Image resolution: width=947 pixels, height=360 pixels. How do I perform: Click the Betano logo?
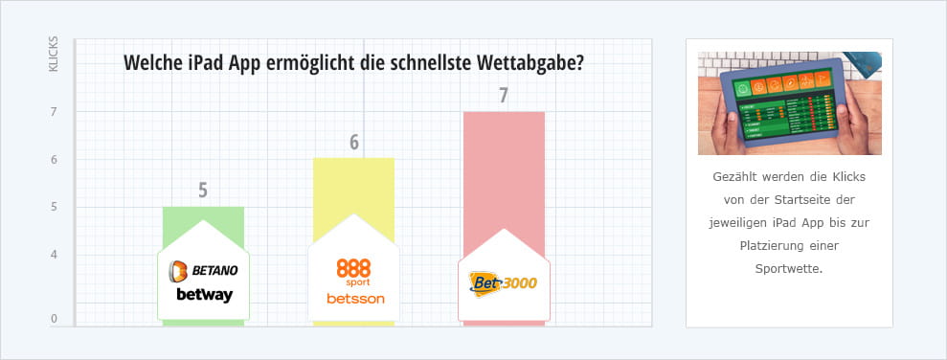(203, 271)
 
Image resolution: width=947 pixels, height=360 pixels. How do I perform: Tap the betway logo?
(204, 295)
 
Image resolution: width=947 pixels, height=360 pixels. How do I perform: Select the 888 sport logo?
(353, 270)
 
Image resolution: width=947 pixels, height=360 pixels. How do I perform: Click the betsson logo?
(353, 298)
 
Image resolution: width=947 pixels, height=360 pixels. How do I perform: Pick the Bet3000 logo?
(504, 282)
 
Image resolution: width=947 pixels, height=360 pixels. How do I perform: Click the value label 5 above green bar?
(203, 190)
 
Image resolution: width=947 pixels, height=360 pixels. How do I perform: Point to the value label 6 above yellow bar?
(353, 143)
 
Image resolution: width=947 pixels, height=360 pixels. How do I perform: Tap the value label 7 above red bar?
(504, 96)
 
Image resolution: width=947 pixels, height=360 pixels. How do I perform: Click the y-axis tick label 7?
(54, 112)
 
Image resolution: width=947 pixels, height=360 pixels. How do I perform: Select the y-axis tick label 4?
(54, 255)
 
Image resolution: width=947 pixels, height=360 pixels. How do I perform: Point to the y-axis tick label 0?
(54, 319)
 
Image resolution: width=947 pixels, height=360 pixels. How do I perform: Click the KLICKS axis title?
(54, 55)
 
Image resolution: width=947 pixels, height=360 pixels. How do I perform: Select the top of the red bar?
(504, 114)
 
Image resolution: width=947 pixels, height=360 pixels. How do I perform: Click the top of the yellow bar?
(353, 160)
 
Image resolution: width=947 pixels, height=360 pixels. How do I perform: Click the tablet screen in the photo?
(787, 104)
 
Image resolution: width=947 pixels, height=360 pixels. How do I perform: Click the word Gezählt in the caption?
(734, 178)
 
